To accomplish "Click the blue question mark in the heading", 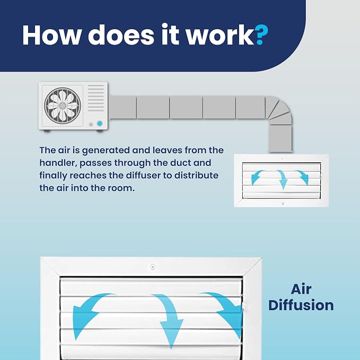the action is tap(262, 35).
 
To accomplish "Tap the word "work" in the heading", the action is tap(220, 34).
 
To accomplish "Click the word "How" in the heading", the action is tap(52, 34).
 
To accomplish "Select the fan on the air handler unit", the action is tap(63, 106).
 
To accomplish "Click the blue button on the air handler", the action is tap(100, 124).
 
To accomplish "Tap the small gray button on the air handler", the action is tap(91, 125).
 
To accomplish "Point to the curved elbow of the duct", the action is tap(278, 110).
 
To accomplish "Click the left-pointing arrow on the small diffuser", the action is tap(257, 177).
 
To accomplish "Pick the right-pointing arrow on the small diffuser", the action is tap(303, 177).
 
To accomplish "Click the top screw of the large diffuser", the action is tap(153, 267).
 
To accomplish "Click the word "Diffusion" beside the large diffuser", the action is tap(301, 305).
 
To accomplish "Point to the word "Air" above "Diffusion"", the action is tap(301, 289).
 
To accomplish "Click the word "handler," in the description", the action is tap(58, 163).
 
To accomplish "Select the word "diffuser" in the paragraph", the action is tap(143, 175).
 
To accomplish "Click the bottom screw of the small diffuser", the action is tap(283, 204).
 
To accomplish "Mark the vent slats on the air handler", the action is tap(96, 98).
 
